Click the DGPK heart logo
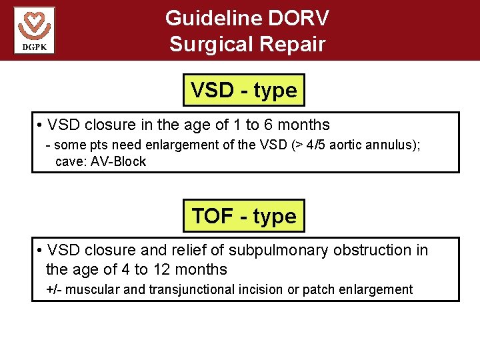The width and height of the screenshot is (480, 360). [34, 29]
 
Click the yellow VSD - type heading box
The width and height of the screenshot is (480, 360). [243, 90]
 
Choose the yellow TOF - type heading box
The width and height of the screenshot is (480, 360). [243, 215]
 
